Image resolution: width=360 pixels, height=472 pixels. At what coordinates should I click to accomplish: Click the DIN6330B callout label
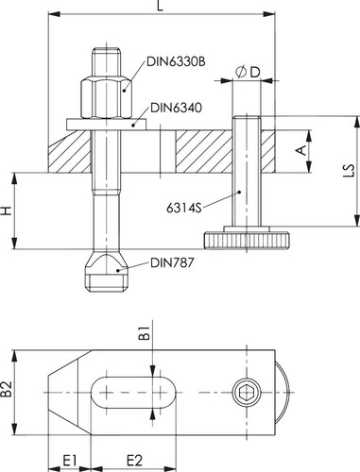176,61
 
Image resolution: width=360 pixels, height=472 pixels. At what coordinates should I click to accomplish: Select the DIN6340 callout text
176,108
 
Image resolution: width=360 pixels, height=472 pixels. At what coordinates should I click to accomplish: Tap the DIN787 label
172,262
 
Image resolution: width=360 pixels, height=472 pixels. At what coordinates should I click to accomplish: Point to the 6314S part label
183,208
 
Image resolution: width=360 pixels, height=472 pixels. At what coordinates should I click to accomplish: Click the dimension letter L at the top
161,6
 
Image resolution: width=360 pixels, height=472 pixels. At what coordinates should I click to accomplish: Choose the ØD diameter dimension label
248,73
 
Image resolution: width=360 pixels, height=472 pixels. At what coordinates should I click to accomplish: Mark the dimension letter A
301,150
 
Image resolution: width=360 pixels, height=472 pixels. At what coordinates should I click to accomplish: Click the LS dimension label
349,170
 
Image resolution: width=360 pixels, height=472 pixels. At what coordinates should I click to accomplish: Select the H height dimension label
6,211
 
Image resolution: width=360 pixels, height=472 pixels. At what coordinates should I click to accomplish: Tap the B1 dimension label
145,333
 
